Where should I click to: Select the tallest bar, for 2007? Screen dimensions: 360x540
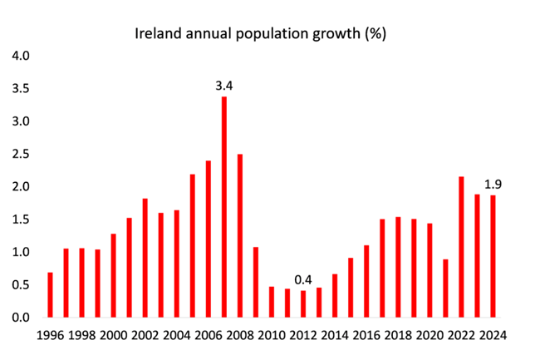tap(224, 207)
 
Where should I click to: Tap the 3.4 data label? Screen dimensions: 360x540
tap(224, 85)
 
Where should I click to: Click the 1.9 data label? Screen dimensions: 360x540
tap(493, 184)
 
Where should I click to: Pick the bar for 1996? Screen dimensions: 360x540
tap(50, 294)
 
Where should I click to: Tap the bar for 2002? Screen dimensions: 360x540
tap(145, 258)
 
